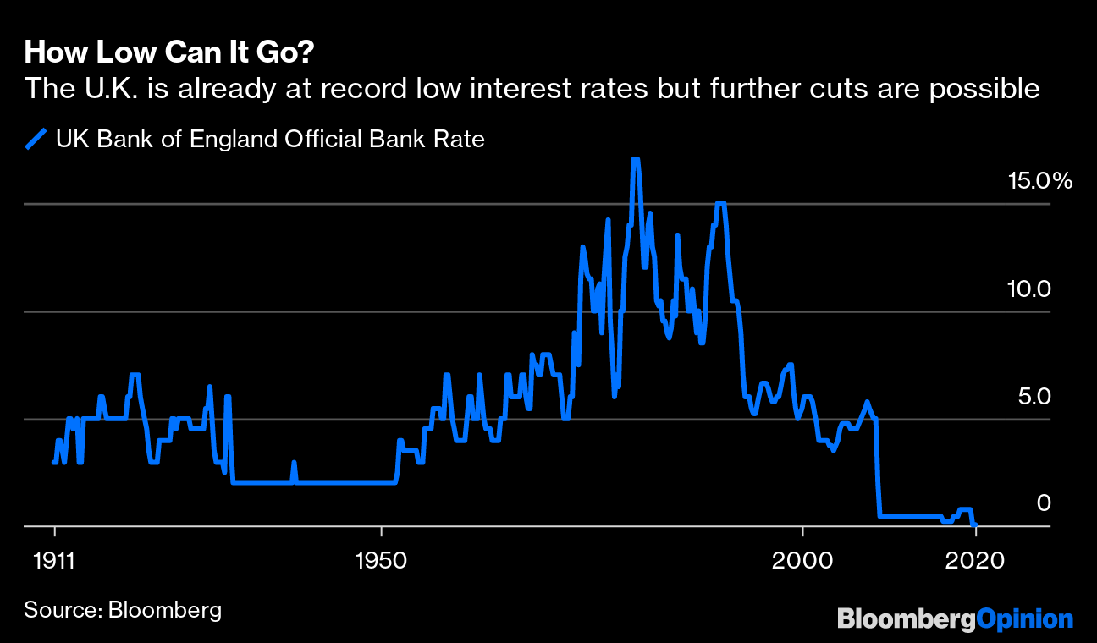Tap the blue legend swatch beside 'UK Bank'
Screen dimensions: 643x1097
point(37,139)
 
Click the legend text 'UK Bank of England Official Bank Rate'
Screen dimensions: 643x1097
point(270,139)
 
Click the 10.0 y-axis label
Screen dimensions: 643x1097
point(1028,289)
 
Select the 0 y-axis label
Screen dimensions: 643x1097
point(1044,503)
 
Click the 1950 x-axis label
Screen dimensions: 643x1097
point(382,560)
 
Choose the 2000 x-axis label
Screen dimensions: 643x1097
point(802,560)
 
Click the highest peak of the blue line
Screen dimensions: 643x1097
point(635,160)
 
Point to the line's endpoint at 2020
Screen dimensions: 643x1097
point(976,525)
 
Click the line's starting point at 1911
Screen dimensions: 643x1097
point(54,462)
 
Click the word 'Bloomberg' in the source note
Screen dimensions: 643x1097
point(165,610)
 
